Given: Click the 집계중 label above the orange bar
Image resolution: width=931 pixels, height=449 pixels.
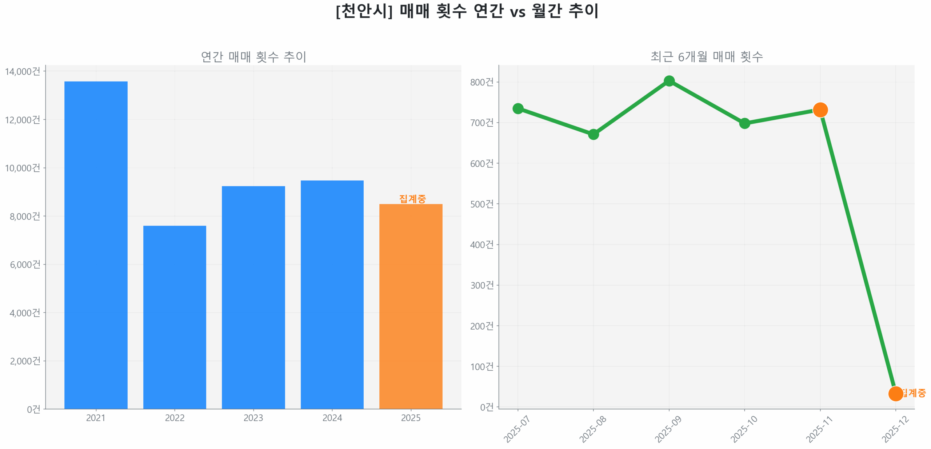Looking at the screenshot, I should coord(412,199).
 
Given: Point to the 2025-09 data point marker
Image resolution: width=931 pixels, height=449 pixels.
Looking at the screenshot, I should coord(669,81).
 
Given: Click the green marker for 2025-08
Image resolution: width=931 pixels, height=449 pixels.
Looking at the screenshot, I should coord(593,134).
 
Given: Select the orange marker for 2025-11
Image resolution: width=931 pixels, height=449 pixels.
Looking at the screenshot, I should coord(820,110).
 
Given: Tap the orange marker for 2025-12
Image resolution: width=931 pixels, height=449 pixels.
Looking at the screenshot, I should coord(895,393).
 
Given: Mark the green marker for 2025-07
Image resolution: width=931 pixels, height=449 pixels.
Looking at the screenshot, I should coord(518,108).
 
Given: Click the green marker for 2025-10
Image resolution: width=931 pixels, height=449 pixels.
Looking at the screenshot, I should coord(744,123).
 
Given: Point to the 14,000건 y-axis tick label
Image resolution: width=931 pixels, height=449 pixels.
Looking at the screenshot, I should coord(22,71).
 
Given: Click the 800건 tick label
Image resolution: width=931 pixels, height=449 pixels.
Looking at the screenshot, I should coord(482,82).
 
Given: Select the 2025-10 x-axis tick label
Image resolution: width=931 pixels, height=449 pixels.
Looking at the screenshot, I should coord(743,429).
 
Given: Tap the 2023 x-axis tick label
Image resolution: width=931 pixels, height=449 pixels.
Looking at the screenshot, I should coord(253,418).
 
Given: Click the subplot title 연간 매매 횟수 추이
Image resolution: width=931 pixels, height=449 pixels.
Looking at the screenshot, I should coord(253,57).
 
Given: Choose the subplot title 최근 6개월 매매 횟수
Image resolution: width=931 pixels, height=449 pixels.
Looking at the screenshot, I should coord(706,57).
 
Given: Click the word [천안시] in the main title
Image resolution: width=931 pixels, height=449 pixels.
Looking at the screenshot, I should coord(364,11).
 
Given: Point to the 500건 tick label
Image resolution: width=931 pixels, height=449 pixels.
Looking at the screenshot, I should coord(482,204).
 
